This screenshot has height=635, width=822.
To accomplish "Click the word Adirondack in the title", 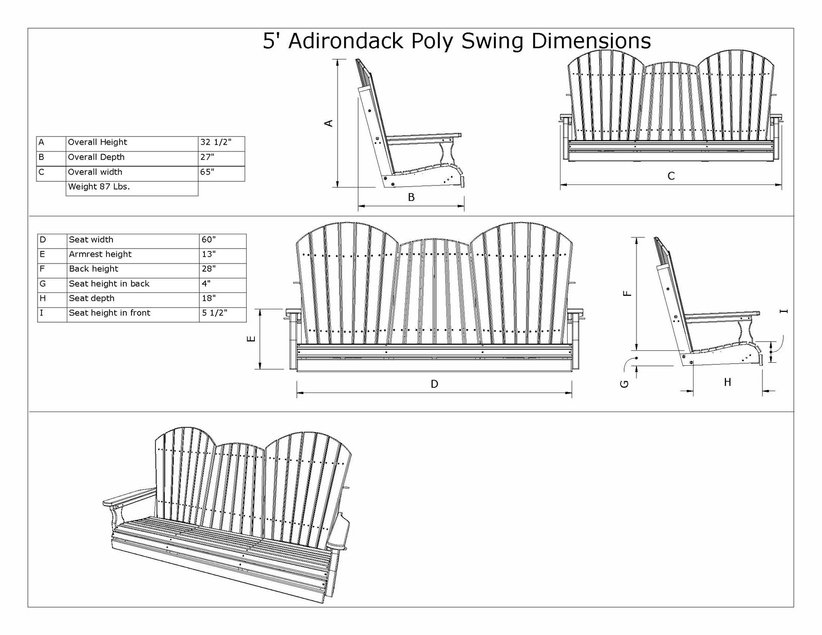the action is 347,41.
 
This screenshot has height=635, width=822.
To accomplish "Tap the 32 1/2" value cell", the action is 221,143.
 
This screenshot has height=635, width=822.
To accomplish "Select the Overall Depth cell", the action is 132,158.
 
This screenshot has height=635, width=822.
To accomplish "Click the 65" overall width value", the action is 221,173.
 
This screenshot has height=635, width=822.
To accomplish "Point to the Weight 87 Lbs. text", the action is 99,186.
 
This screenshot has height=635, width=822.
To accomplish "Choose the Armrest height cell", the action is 133,256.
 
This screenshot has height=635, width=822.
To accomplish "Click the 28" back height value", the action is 222,271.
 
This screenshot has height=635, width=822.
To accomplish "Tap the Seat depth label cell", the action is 133,300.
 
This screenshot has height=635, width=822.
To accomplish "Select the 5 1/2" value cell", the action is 222,315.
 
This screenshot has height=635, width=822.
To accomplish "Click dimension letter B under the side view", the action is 411,197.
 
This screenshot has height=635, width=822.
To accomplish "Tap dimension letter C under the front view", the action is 671,176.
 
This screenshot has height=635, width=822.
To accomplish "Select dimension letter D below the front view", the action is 435,384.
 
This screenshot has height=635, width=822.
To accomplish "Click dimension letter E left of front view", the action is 252,339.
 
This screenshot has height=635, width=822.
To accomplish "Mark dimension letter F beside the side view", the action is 627,294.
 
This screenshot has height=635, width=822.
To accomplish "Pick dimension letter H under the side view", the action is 727,382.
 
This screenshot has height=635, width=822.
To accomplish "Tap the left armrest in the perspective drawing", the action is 128,496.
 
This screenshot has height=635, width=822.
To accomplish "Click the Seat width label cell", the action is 133,241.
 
